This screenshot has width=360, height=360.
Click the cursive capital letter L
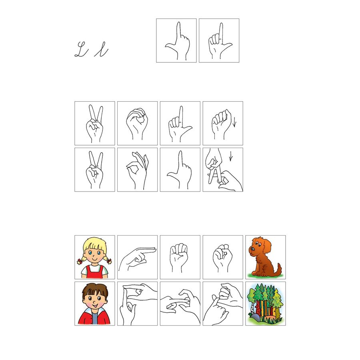pyautogui.click(x=81, y=49)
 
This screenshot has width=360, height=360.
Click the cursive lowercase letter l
pyautogui.click(x=101, y=49)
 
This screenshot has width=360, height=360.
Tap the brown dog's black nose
pyautogui.click(x=252, y=249)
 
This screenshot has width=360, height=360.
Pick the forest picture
pyautogui.click(x=266, y=304)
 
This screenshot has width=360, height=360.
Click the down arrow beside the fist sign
pyautogui.click(x=234, y=122)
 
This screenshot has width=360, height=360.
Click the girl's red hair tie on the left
pyautogui.click(x=80, y=262)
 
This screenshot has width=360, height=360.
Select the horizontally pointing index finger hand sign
pyautogui.click(x=137, y=257)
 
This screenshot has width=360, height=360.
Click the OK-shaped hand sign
pyautogui.click(x=137, y=170)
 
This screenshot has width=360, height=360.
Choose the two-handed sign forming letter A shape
pyautogui.click(x=223, y=170)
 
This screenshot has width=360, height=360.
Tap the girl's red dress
pyautogui.click(x=94, y=272)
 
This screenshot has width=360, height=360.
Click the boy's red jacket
pyautogui.click(x=94, y=317)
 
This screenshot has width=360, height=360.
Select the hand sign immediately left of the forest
pyautogui.click(x=223, y=304)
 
